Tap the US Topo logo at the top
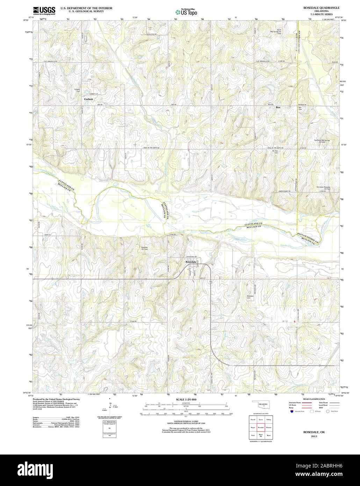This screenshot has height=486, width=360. pyautogui.click(x=186, y=12)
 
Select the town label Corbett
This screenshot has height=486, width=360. pyautogui.click(x=88, y=99)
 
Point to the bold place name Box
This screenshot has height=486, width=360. pyautogui.click(x=278, y=107)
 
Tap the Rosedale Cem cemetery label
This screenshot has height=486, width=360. pyautogui.click(x=250, y=297)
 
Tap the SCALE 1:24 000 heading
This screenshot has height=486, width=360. pyautogui.click(x=180, y=399)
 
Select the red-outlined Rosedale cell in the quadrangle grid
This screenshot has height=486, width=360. pyautogui.click(x=260, y=427)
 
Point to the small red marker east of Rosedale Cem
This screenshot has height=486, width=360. pyautogui.click(x=295, y=321)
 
